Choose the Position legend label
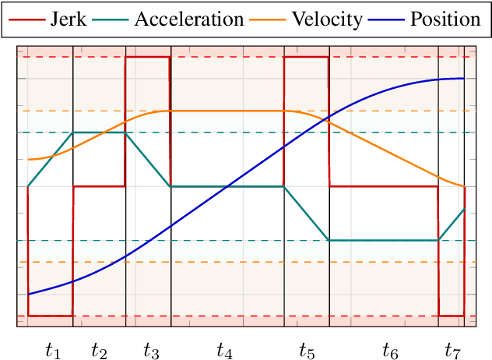coord(445,19)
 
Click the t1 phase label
coord(52,351)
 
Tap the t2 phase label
coord(99,351)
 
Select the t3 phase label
coord(151,351)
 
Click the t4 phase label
coord(224,351)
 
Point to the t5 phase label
coord(307,351)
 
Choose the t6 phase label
coord(390,351)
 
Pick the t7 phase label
coord(452,351)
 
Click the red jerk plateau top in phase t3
coord(148,57)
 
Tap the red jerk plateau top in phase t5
coord(307,57)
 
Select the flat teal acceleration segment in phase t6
coord(384,241)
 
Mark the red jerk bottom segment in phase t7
coord(452,316)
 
